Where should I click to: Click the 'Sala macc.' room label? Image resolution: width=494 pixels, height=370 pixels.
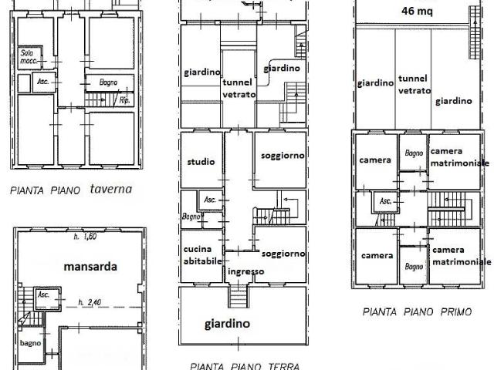(x=29, y=56)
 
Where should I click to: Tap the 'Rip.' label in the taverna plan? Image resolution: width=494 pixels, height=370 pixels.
(x=125, y=101)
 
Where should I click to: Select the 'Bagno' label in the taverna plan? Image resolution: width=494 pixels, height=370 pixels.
(x=108, y=82)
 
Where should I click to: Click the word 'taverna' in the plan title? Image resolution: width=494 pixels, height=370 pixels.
(x=111, y=189)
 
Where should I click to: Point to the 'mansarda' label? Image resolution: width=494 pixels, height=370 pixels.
(x=90, y=267)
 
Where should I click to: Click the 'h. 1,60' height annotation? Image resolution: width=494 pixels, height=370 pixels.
(x=85, y=237)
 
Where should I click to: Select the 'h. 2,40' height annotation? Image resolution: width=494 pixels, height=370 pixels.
(x=90, y=303)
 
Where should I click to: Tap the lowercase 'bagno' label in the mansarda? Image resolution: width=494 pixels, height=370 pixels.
(x=31, y=343)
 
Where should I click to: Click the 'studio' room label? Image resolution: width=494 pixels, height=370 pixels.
(x=201, y=162)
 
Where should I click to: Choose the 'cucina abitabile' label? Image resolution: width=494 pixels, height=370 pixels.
(x=202, y=255)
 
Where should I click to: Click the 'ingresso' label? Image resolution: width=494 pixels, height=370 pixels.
(x=245, y=271)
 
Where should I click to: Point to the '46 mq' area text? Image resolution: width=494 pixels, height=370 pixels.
(x=417, y=12)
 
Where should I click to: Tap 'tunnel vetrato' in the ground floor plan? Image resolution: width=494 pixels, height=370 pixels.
(x=239, y=89)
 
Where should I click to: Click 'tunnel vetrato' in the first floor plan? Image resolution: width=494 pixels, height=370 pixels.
(x=414, y=84)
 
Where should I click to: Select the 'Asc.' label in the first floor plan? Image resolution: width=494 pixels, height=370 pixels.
(x=385, y=200)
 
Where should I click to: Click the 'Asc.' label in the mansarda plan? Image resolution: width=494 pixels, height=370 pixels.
(x=43, y=294)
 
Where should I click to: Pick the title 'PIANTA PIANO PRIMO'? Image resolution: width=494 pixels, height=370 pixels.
(x=417, y=311)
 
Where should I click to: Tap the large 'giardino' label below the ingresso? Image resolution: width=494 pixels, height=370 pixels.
(x=227, y=324)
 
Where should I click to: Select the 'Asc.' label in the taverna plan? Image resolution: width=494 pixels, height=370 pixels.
(x=43, y=82)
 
